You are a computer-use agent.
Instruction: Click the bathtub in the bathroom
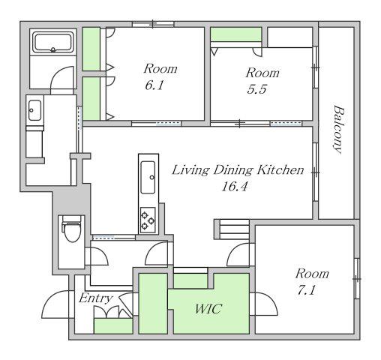(53, 42)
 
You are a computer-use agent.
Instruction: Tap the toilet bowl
(72, 229)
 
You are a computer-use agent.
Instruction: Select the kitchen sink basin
(148, 177)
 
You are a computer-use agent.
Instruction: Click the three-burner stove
(148, 220)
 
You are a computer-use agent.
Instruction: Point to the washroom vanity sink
(34, 110)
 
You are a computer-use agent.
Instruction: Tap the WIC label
(208, 309)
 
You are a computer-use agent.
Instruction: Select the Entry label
(96, 298)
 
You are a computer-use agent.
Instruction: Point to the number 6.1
(154, 85)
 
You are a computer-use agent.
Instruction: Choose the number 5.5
(257, 89)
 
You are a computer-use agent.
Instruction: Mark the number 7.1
(306, 290)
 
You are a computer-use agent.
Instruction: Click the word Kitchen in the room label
(280, 170)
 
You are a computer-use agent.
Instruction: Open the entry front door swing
(55, 304)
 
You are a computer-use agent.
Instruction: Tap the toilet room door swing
(97, 256)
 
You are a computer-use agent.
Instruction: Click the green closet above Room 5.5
(236, 34)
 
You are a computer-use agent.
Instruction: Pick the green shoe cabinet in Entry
(113, 325)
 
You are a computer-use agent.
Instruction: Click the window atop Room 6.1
(153, 24)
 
